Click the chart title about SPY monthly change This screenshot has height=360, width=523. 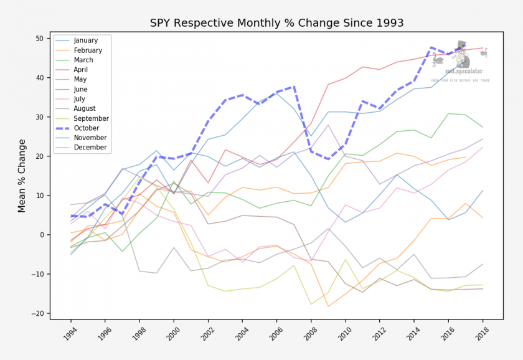[276, 23]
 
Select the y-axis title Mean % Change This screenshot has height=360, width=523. [22, 176]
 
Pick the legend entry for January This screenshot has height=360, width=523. [86, 40]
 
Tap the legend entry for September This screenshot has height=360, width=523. [91, 118]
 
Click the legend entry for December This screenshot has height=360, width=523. [90, 148]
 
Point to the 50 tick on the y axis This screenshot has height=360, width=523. [39, 39]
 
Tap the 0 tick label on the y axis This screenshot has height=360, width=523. [41, 235]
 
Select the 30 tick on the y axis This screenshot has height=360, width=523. [39, 117]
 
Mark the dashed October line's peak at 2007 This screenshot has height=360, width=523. [293, 87]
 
